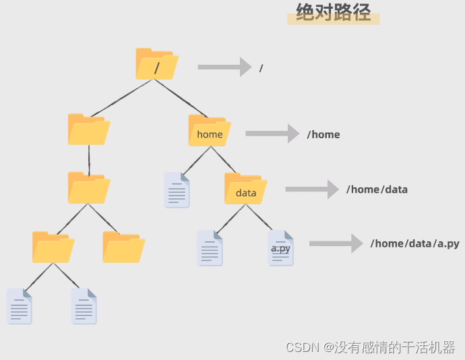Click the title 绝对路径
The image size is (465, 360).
pos(334,13)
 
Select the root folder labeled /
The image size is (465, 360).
pos(156,64)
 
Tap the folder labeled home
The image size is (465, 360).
pos(210,130)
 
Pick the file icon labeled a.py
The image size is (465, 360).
pos(280,248)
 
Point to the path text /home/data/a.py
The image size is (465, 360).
pos(414,243)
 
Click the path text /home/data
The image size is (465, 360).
pos(377,189)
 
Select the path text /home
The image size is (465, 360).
pos(323,134)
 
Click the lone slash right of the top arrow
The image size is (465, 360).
pos(261,68)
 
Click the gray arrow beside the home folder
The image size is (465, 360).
pos(272,133)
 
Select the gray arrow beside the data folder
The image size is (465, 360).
pos(311,189)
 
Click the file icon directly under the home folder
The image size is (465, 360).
pos(177,189)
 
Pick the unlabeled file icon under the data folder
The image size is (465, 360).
pos(210,248)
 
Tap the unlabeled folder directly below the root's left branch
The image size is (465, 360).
pos(88,129)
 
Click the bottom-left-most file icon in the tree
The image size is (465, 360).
pos(19,306)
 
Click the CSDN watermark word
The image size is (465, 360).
pos(301,347)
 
